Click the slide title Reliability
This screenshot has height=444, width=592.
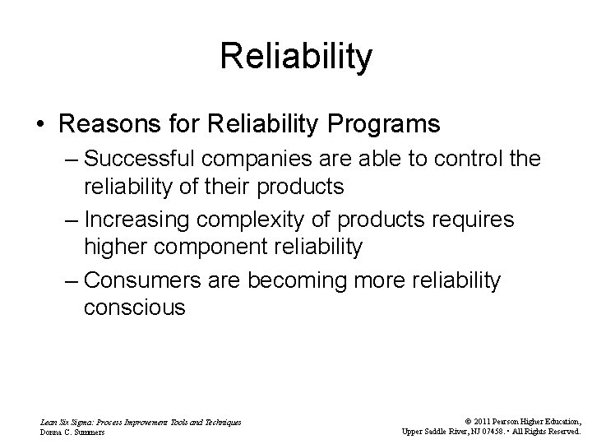coord(296,57)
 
